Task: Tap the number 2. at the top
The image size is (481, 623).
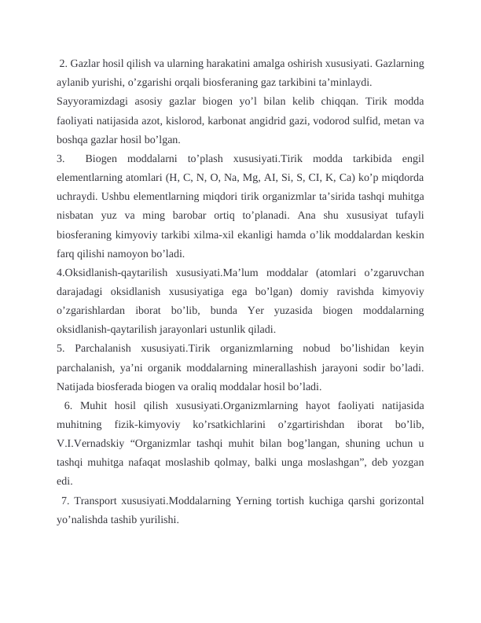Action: pyautogui.click(x=64, y=63)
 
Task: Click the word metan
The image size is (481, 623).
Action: pyautogui.click(x=398, y=121)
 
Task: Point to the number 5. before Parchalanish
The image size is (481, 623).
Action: pyautogui.click(x=61, y=348)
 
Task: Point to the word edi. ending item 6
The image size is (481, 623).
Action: pyautogui.click(x=65, y=481)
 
